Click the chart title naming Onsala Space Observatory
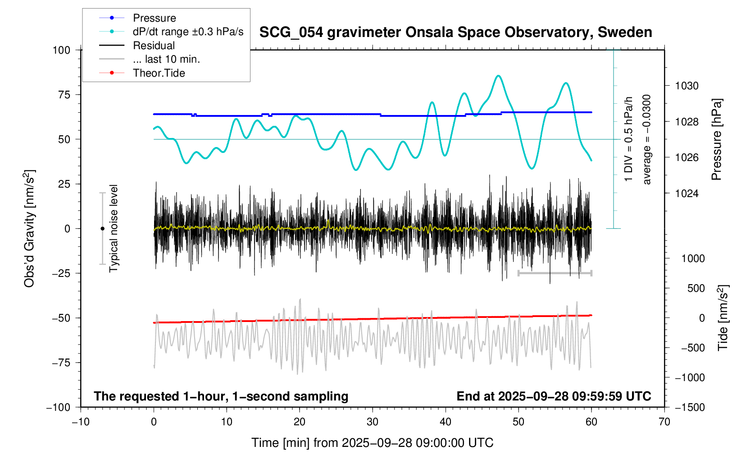point(455,32)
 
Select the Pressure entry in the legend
point(154,18)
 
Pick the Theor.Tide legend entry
point(159,73)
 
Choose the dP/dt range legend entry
point(187,32)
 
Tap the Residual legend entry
point(154,46)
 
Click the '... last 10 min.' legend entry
point(166,59)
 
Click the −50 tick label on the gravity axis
point(61,318)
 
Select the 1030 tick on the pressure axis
point(687,86)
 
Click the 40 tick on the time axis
point(446,422)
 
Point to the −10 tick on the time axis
point(81,422)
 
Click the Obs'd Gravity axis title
point(29,228)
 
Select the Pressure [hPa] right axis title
point(716,139)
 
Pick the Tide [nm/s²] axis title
point(723,317)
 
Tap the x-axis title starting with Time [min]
point(372,443)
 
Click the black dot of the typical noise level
point(102,229)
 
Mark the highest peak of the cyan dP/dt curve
point(498,76)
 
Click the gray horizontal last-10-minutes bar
point(555,273)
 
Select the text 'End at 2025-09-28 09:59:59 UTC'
point(554,396)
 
